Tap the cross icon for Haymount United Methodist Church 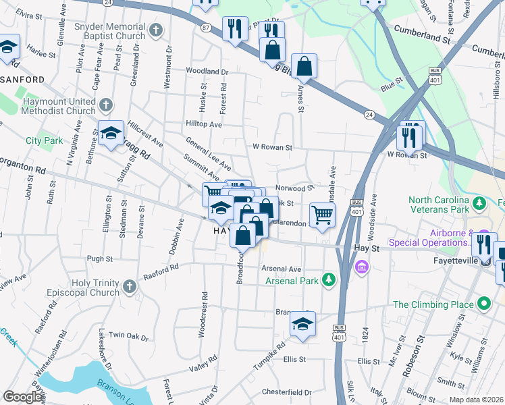(105, 105)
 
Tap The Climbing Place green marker (483, 304)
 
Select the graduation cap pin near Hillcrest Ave (111, 132)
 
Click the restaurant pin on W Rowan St (410, 135)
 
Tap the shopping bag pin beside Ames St (304, 67)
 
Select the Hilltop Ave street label (204, 124)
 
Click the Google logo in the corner (23, 397)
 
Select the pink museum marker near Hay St (362, 269)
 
